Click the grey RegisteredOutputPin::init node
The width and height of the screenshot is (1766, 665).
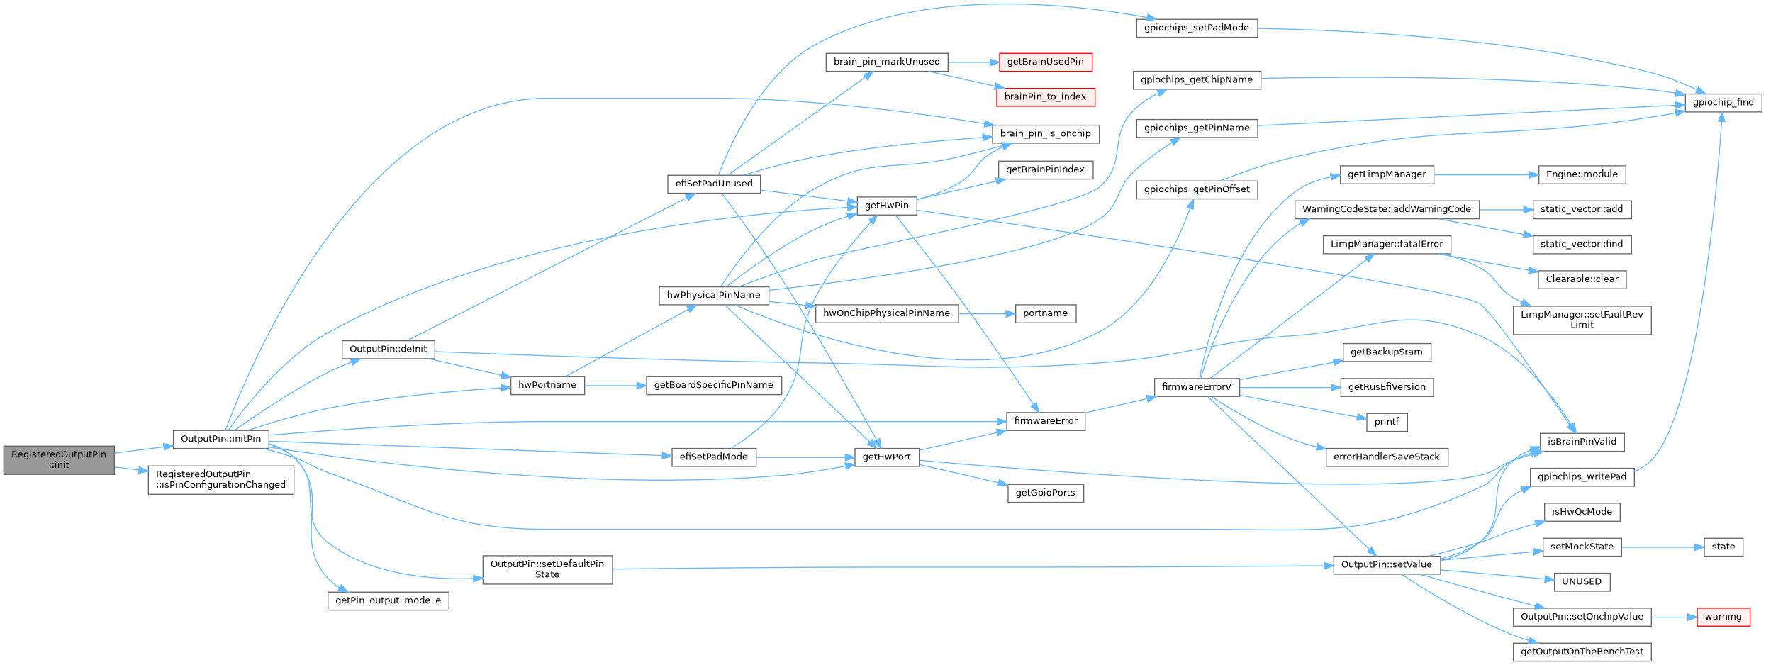[x=58, y=459]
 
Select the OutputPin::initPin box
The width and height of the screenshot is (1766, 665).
[x=220, y=439]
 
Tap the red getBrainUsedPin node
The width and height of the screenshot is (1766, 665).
[x=1045, y=62]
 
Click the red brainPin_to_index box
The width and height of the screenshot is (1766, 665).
[x=1045, y=96]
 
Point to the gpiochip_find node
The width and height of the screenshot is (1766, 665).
[x=1723, y=102]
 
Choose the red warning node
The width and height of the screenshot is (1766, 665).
[x=1723, y=617]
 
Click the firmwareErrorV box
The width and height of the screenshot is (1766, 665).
[x=1197, y=387]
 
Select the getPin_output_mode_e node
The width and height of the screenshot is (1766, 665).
[x=388, y=600]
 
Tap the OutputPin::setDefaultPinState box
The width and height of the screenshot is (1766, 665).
[x=547, y=569]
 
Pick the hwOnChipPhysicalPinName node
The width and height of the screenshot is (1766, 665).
[x=886, y=313]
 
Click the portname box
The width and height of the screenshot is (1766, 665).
[x=1045, y=313]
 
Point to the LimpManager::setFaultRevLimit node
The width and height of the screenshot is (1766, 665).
[x=1582, y=320]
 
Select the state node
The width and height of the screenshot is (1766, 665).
[x=1723, y=547]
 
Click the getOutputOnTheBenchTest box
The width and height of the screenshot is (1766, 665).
[x=1582, y=652]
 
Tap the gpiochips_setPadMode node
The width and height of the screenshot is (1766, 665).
[x=1196, y=28]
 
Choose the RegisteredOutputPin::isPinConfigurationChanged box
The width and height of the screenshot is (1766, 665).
[x=220, y=479]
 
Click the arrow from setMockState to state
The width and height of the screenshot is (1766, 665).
[x=1662, y=547]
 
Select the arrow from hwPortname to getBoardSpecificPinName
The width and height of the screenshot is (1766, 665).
[x=615, y=386]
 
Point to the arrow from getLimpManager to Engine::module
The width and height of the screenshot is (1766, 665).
[x=1485, y=174]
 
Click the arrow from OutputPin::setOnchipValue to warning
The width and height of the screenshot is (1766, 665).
[x=1674, y=617]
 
